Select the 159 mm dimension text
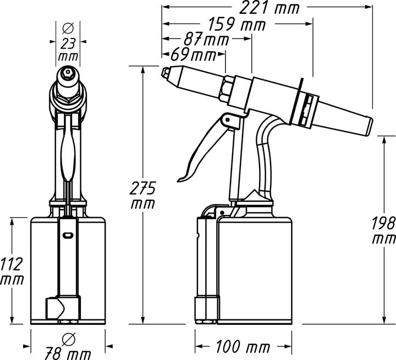pos(237,24)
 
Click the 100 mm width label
pos(243,347)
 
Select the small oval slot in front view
pos(67,235)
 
